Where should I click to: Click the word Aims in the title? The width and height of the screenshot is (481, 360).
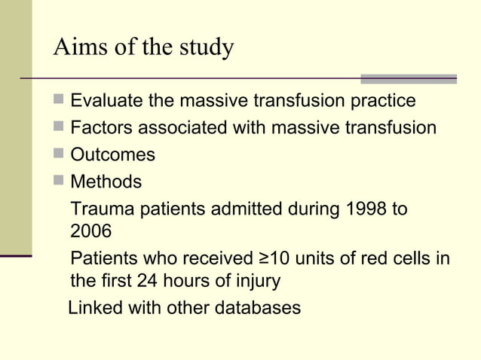pos(75,47)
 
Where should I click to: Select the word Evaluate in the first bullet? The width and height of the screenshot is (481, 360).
pos(106,101)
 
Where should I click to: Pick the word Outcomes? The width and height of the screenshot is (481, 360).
pos(112,155)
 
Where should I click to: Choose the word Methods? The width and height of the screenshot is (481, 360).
pos(106,182)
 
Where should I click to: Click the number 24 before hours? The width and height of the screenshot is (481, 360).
pos(147,282)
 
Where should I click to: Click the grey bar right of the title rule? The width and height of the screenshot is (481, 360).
pos(408,78)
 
